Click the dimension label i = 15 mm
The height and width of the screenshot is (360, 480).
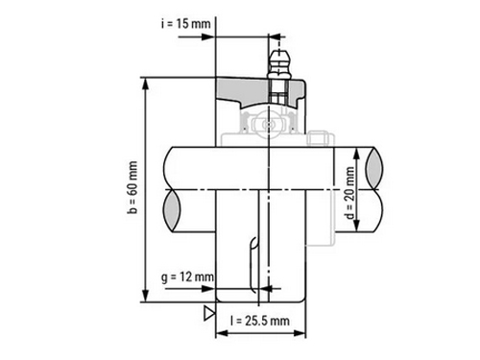pyautogui.click(x=186, y=24)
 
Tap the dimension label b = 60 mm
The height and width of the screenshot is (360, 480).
pyautogui.click(x=132, y=187)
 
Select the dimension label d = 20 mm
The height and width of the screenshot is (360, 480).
pyautogui.click(x=350, y=193)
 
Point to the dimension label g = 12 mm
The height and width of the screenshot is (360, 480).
pyautogui.click(x=187, y=276)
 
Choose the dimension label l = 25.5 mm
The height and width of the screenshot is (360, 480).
pyautogui.click(x=260, y=321)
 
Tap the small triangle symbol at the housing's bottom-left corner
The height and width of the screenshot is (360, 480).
pyautogui.click(x=209, y=313)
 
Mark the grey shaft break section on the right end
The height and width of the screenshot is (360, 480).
pyautogui.click(x=374, y=167)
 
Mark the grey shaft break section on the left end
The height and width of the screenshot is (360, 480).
pyautogui.click(x=172, y=210)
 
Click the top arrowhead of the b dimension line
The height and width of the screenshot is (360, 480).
pyautogui.click(x=146, y=84)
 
